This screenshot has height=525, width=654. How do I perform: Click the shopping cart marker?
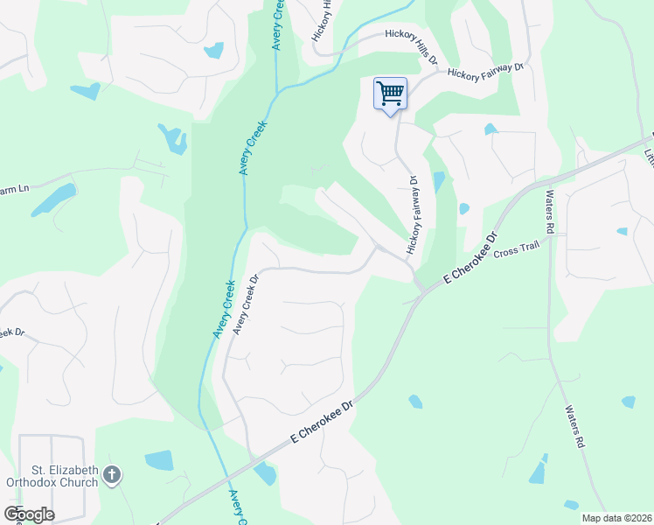click(x=390, y=93)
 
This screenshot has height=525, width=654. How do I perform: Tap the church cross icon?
click(x=111, y=475)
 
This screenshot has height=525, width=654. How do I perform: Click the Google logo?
click(x=29, y=514)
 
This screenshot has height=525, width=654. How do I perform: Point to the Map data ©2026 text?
click(x=615, y=518)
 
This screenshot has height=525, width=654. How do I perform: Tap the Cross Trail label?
click(x=518, y=252)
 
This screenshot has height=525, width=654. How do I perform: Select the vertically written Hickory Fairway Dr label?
click(x=412, y=215)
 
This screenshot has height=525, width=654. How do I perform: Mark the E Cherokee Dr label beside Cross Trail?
click(x=470, y=258)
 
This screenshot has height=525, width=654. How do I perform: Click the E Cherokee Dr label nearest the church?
click(x=321, y=423)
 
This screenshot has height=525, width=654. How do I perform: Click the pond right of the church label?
click(x=159, y=460)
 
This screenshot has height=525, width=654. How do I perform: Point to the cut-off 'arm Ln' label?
click(x=15, y=188)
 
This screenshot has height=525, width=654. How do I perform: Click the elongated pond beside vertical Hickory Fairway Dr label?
click(x=438, y=182)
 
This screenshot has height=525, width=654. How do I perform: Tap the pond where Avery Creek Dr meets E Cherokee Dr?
click(x=265, y=473)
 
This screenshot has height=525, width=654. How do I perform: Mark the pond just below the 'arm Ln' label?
click(x=53, y=200)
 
